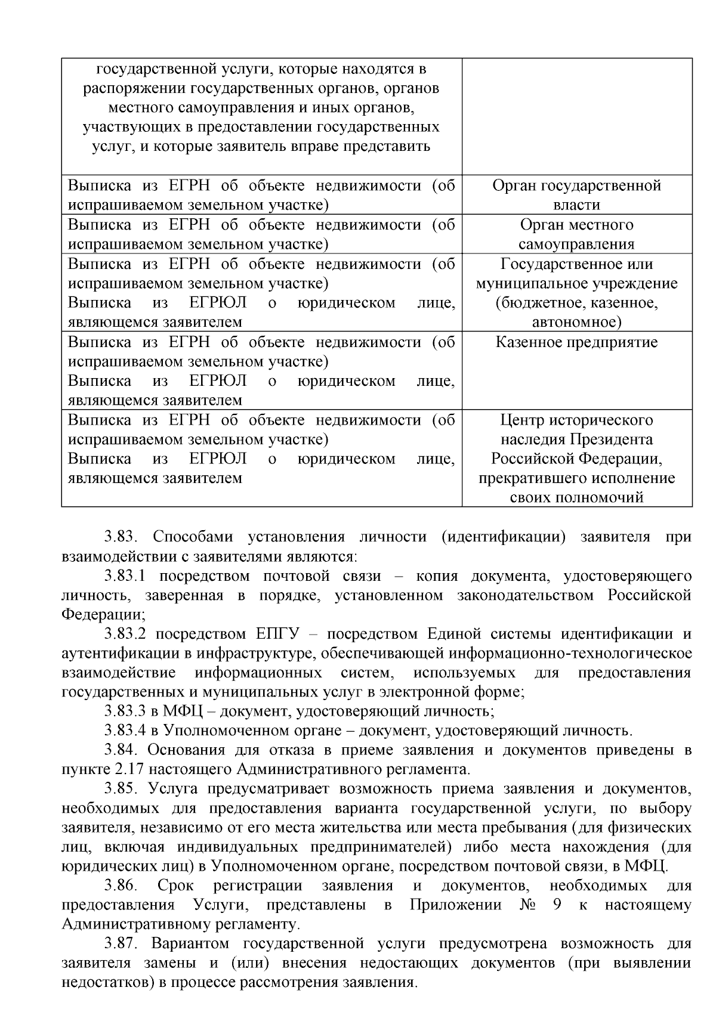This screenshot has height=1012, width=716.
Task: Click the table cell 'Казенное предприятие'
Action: [x=576, y=343]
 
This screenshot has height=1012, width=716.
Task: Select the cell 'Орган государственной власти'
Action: [x=576, y=195]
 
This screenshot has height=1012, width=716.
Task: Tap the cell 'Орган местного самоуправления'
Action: [x=576, y=234]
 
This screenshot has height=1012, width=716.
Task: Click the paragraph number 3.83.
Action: [x=121, y=537]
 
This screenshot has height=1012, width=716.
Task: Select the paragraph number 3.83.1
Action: [x=125, y=576]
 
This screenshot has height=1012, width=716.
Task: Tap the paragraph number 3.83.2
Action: [x=125, y=634]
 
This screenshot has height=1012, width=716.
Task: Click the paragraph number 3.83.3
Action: [x=125, y=711]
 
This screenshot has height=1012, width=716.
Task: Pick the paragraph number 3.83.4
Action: [x=125, y=731]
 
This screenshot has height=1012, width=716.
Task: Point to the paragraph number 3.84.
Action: [x=121, y=750]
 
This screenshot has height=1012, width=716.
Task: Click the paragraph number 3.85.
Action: [x=121, y=789]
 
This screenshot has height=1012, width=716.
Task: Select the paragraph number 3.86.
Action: [x=121, y=886]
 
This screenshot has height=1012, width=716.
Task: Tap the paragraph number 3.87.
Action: [x=121, y=944]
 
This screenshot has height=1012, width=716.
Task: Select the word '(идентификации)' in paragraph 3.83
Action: [x=504, y=537]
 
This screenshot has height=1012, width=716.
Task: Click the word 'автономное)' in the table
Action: [x=576, y=323]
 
